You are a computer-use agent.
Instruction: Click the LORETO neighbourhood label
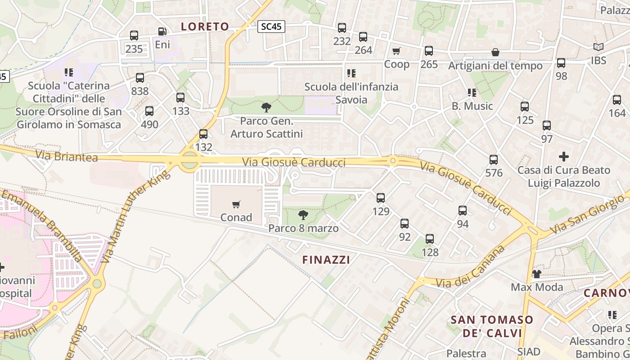click(205, 27)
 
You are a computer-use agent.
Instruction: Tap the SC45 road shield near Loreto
click(271, 27)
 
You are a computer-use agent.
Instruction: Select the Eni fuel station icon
click(162, 31)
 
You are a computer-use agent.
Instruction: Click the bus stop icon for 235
click(134, 36)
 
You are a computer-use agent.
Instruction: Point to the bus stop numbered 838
click(140, 78)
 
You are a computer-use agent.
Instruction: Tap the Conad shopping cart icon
click(236, 205)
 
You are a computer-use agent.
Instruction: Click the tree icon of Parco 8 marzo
click(303, 215)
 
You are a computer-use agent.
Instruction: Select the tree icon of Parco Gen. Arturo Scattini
click(266, 107)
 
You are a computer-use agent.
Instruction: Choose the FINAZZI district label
click(326, 260)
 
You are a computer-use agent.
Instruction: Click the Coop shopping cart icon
click(396, 51)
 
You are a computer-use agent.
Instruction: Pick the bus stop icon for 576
click(494, 159)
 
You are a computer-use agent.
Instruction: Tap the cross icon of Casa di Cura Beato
click(563, 157)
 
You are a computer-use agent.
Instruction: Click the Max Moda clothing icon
click(536, 274)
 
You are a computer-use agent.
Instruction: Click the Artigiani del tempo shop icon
click(495, 52)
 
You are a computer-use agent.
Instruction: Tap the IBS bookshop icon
click(598, 47)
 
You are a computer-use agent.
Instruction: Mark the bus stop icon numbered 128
click(430, 239)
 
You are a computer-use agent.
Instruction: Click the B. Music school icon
click(472, 93)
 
